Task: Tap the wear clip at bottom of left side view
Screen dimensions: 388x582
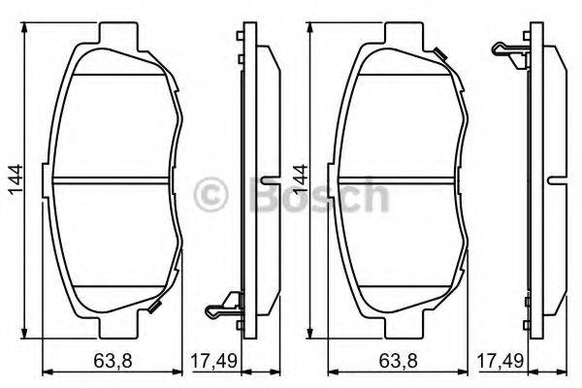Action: (x=222, y=308)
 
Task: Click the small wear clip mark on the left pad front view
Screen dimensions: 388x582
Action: (x=155, y=308)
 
